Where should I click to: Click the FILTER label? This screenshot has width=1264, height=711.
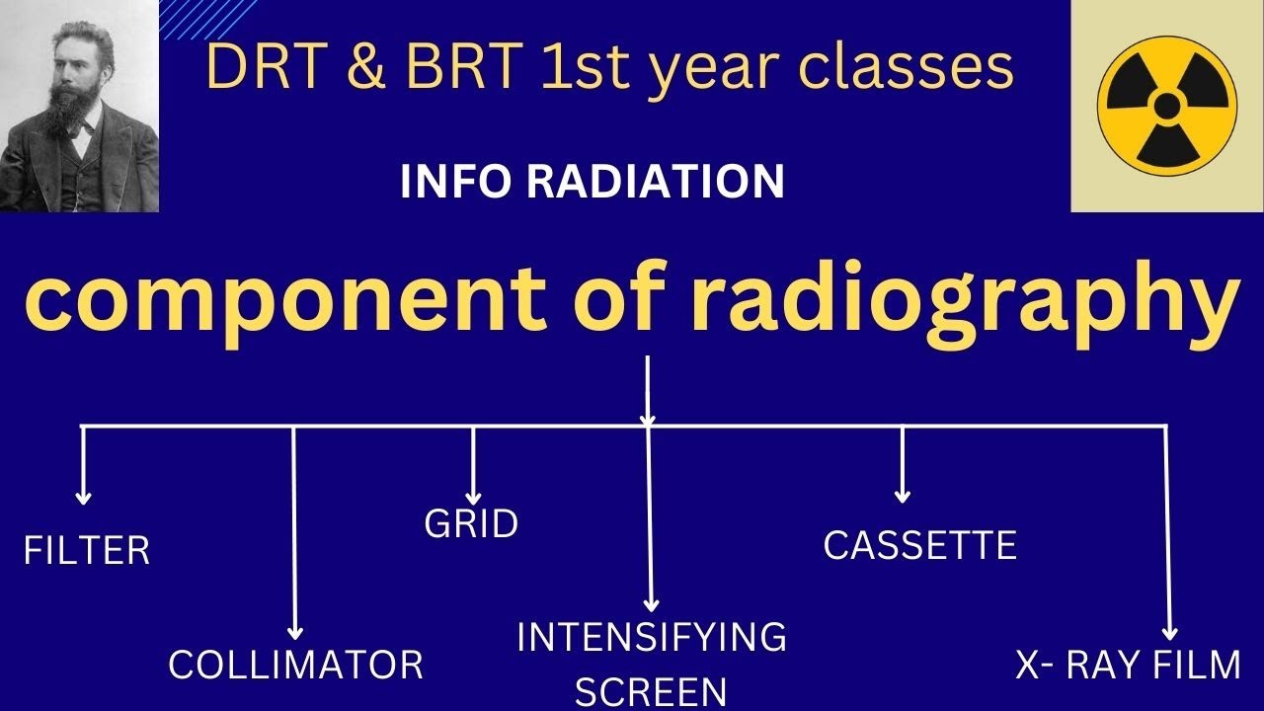[87, 551]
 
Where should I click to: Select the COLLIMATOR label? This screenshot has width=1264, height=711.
[295, 665]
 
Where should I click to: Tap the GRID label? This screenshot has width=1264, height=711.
[471, 524]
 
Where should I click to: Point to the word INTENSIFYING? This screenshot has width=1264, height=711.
[652, 638]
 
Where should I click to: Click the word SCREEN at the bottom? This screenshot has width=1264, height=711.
[651, 692]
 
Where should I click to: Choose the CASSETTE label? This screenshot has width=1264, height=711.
[919, 545]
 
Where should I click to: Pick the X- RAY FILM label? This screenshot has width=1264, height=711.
[1128, 666]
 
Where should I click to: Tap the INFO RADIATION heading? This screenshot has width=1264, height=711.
[592, 183]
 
